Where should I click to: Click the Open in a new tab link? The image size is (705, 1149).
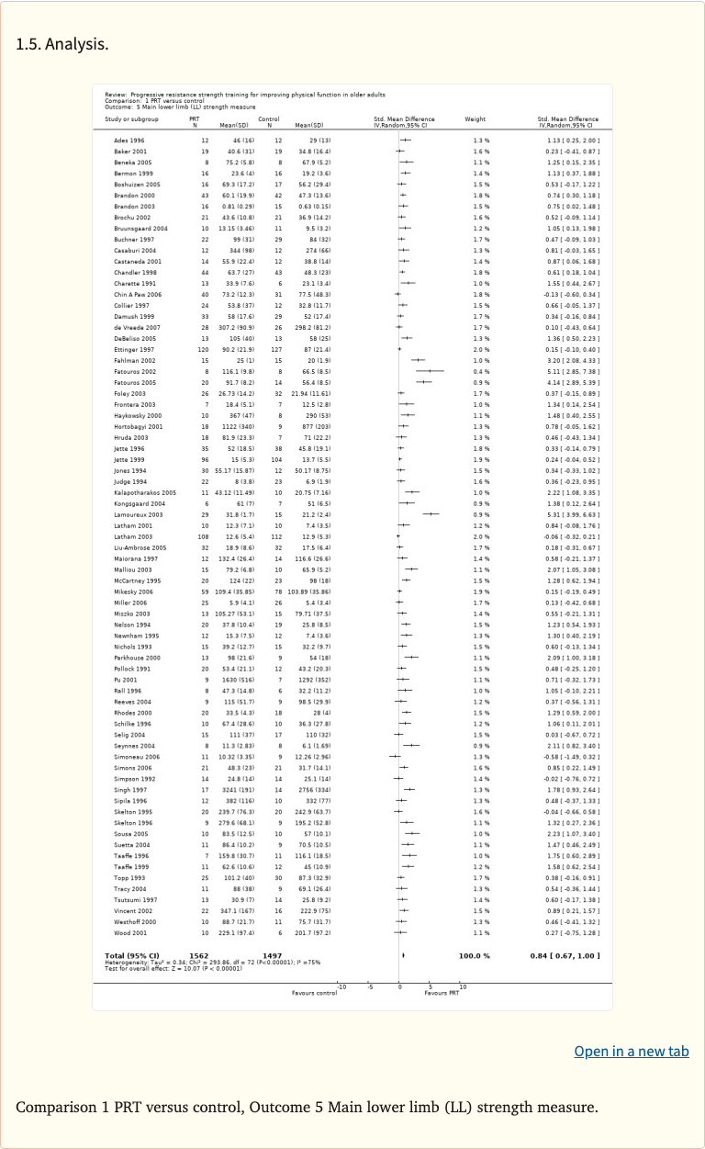(x=631, y=1052)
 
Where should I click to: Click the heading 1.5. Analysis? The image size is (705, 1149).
(x=62, y=44)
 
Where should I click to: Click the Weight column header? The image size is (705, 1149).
(x=476, y=118)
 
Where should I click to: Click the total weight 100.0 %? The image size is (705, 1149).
(x=474, y=956)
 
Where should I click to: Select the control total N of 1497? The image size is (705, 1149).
(x=272, y=956)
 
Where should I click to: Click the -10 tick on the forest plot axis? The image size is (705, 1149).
(x=341, y=986)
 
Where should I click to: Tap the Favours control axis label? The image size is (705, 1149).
(x=315, y=993)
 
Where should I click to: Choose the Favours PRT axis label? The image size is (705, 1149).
(x=442, y=993)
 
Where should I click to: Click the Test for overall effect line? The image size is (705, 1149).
(x=173, y=967)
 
